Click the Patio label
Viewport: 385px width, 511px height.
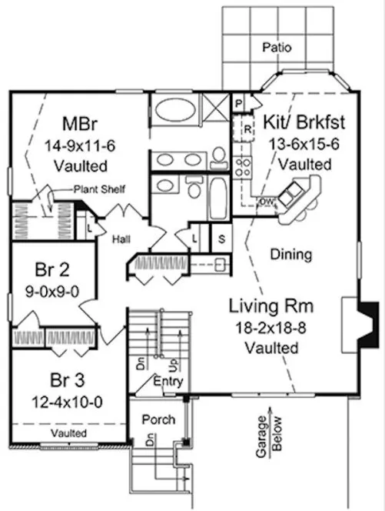[277, 47]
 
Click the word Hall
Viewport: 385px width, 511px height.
[121, 239]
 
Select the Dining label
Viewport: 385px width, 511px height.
[291, 253]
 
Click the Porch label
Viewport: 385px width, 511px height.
[157, 420]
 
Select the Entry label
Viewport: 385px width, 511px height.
[167, 381]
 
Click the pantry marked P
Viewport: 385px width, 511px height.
[239, 103]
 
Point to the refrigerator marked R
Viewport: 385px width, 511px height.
[247, 129]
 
